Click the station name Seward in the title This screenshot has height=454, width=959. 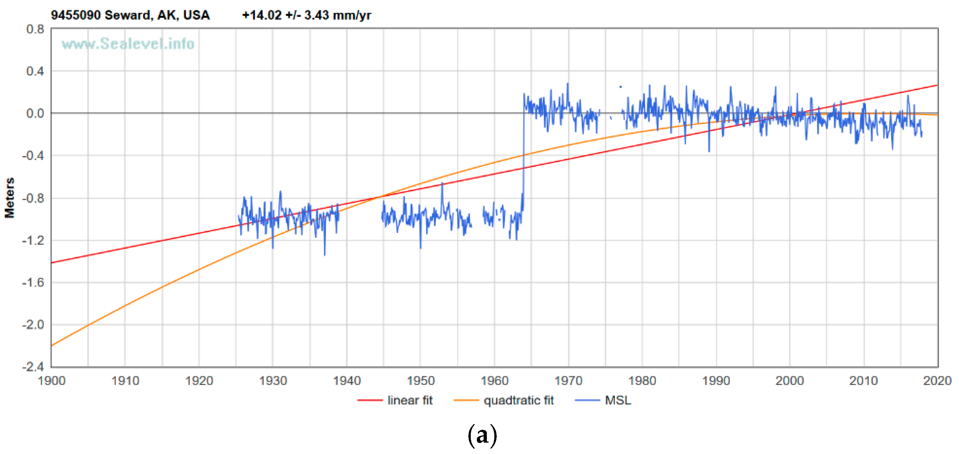coord(127,15)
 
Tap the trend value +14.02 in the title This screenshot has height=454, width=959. coord(261,15)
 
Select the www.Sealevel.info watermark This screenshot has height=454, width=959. coord(128,44)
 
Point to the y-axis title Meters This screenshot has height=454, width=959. coord(9,198)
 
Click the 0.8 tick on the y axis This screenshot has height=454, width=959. coord(35,29)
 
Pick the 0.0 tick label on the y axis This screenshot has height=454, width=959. coord(35,113)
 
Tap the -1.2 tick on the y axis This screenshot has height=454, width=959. coord(33,240)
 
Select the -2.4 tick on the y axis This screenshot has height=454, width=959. coord(33,367)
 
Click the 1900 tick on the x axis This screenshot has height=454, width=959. coord(51,381)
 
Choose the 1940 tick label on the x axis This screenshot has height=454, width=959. coord(347,381)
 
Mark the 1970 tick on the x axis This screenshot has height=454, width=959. coord(568,381)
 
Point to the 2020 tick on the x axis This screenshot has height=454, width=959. coord(937,381)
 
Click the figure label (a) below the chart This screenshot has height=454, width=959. coord(482,435)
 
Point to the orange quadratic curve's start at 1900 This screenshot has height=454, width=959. coord(52,346)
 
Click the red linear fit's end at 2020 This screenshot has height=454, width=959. coord(937,85)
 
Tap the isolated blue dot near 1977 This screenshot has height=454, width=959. coord(621,87)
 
